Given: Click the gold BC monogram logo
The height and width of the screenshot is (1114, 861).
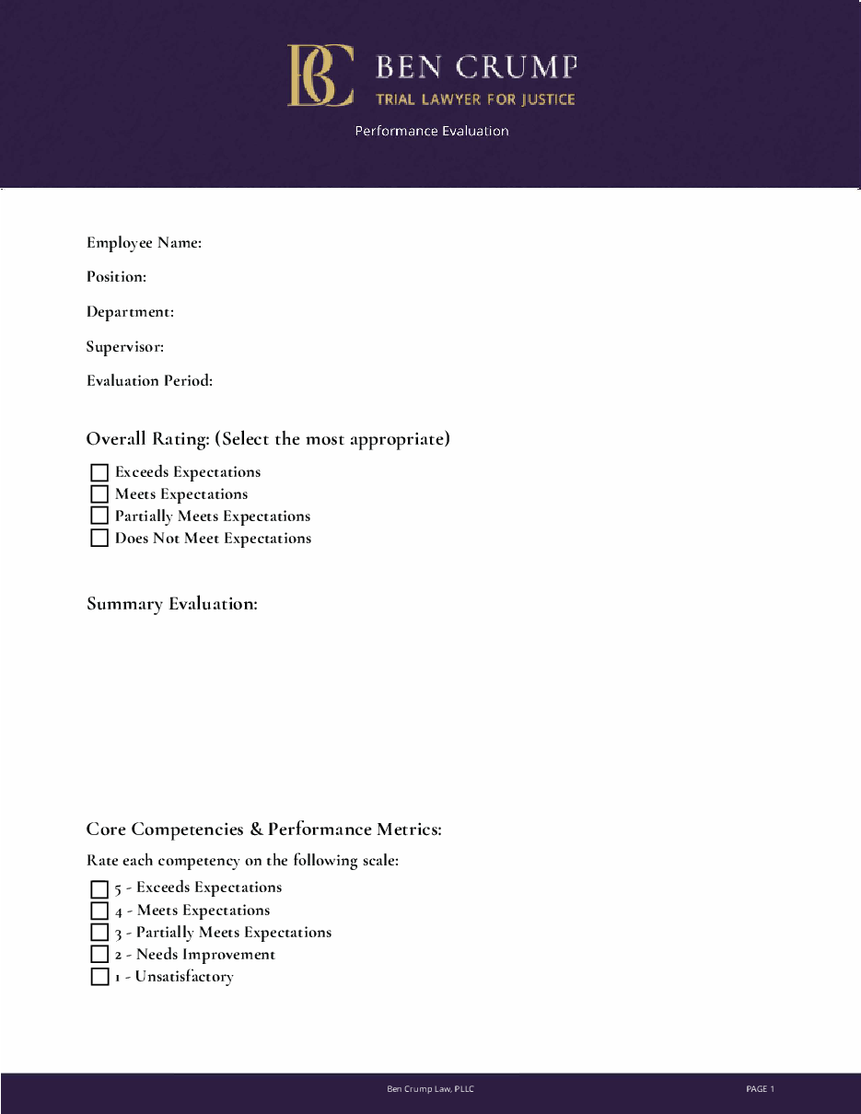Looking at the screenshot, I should pos(320,75).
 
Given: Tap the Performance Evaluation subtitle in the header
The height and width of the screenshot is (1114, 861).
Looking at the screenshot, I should pos(432,131).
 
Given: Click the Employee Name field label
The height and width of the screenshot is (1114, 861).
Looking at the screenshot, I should pos(144,243).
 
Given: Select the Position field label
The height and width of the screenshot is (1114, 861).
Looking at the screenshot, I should pos(116,277).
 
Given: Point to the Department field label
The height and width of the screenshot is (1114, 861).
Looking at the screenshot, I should pos(130,312).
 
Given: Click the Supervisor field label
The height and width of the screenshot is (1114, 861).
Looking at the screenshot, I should pos(125,347).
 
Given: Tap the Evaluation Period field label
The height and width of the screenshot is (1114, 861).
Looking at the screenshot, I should pos(149,381).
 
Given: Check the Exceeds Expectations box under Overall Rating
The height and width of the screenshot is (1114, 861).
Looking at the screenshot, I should pos(99,473).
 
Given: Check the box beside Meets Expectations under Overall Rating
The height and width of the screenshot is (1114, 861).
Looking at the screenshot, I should pos(99,494).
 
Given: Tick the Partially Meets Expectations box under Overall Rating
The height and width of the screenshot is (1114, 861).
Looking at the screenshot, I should pos(99,516).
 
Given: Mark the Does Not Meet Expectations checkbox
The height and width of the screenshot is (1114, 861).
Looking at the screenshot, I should pos(99,539).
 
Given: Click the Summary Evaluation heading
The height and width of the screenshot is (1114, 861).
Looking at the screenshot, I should pos(171,604).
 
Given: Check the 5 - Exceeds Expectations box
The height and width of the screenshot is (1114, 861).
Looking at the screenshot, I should pos(99,889).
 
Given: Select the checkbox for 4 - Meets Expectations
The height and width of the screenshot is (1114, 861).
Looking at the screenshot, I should pos(99,911).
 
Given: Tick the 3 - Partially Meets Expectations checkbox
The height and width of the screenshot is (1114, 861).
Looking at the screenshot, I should pos(99,933).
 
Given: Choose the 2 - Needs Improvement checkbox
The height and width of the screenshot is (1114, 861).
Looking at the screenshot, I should pos(99,955).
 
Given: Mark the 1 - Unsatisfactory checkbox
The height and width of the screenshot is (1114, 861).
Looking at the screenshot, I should pos(99,977).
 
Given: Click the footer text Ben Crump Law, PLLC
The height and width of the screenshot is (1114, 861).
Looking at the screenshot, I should pos(430,1089).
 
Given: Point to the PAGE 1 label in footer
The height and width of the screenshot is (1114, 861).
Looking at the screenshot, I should pos(760,1089).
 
